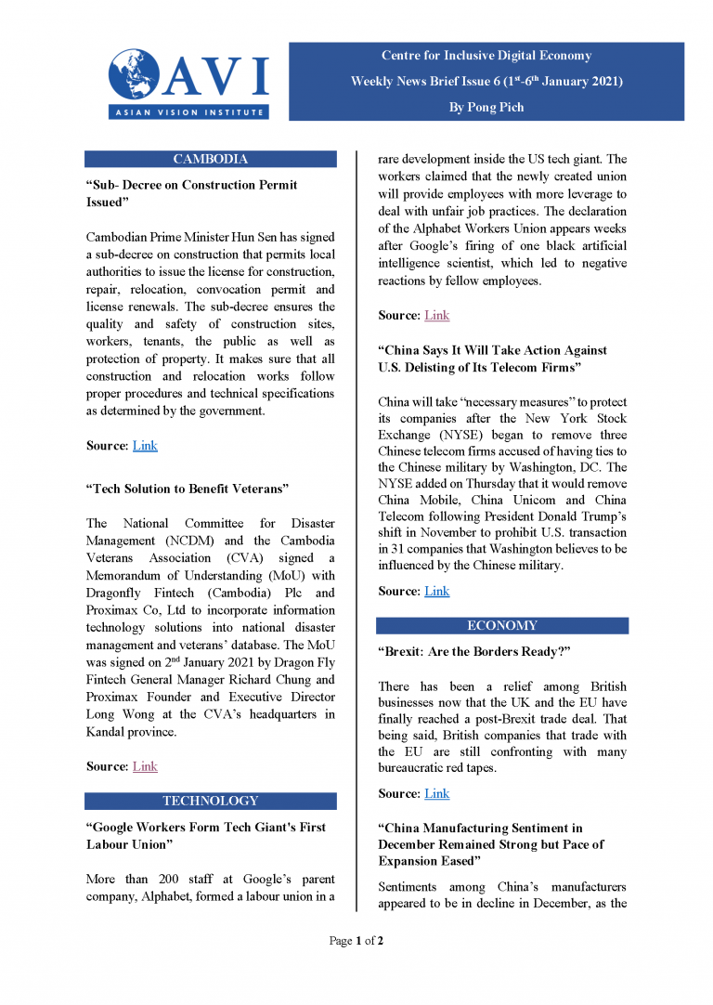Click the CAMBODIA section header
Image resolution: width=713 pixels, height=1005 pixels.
click(x=210, y=159)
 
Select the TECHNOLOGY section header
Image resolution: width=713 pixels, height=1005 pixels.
click(x=210, y=801)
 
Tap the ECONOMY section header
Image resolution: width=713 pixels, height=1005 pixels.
click(x=501, y=625)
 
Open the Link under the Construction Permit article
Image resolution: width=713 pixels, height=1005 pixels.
click(x=145, y=446)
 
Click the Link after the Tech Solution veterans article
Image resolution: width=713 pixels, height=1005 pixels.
click(x=145, y=766)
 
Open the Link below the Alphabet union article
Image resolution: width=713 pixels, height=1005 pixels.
click(x=436, y=316)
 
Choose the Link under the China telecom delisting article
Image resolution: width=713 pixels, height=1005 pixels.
click(x=436, y=592)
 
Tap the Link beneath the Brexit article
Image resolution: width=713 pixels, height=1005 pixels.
click(x=436, y=793)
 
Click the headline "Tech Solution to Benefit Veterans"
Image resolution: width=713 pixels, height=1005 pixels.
click(x=188, y=489)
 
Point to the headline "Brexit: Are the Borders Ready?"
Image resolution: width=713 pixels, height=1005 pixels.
click(x=473, y=652)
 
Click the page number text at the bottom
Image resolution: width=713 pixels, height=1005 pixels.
click(x=356, y=941)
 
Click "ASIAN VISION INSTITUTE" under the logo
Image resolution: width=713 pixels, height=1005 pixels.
click(x=188, y=112)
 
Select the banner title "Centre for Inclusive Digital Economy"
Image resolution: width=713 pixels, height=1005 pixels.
click(x=486, y=56)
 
